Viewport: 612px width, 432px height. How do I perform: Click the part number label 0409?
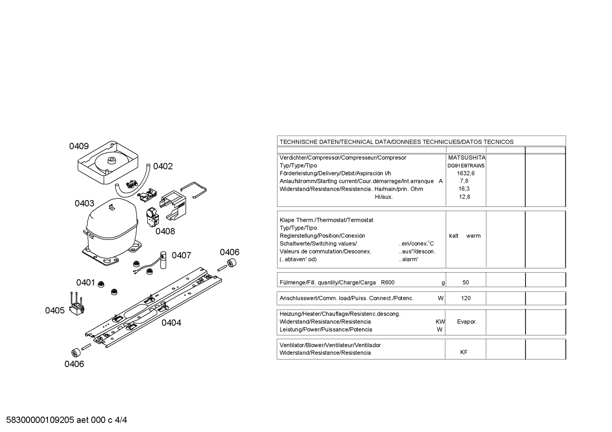coord(79,146)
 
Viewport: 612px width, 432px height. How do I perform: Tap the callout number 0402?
coord(163,166)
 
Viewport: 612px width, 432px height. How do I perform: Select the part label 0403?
coord(84,203)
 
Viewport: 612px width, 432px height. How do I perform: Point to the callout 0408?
coord(165,231)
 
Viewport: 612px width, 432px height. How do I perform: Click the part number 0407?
coord(181,256)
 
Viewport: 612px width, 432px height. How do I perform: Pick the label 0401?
coord(85,282)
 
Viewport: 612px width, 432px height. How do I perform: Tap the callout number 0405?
coord(55,311)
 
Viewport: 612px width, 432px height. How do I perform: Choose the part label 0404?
coord(171,323)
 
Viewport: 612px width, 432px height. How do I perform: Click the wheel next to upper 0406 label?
coord(231,263)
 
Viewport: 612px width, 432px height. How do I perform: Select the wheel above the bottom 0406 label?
coord(75,353)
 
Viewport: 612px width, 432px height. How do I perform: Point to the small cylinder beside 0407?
coord(163,260)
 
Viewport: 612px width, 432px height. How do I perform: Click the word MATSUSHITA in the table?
coord(467,158)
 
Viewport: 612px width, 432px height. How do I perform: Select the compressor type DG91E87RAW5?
coord(466,166)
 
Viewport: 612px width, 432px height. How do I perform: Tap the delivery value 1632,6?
coord(466,173)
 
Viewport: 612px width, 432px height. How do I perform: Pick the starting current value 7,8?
coord(464,181)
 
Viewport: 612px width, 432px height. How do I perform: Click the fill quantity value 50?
coord(466,282)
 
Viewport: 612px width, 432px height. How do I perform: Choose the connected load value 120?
coord(466,298)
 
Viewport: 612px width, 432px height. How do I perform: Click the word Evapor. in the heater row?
coord(467,322)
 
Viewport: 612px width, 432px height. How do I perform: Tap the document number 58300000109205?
coord(40,420)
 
